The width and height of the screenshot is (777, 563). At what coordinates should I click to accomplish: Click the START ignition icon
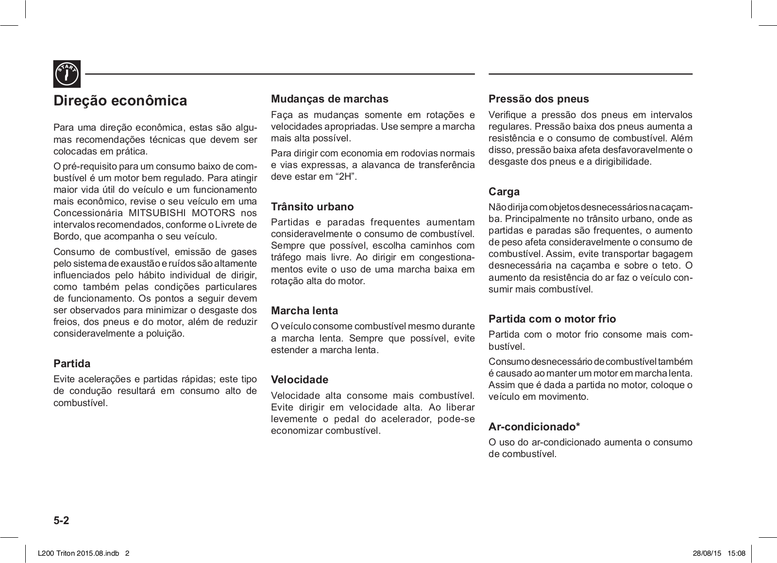click(67, 74)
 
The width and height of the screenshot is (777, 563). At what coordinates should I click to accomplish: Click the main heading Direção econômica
click(120, 101)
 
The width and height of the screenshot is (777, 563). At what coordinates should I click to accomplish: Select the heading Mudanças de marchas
click(329, 99)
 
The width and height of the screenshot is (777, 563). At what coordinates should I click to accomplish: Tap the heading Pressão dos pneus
click(539, 99)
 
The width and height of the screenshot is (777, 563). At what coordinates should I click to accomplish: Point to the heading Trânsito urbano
click(312, 206)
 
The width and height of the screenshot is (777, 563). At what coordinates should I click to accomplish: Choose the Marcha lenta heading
click(304, 310)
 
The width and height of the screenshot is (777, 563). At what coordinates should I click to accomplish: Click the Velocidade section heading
click(299, 379)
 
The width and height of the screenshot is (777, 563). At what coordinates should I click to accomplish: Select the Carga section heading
click(504, 191)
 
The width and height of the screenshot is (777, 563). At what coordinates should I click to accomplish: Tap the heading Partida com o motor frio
click(552, 319)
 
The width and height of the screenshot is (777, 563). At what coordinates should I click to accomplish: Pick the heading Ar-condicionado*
click(534, 427)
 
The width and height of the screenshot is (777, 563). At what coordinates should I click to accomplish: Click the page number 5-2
click(62, 521)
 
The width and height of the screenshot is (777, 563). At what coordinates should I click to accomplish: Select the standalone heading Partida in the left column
click(71, 363)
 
